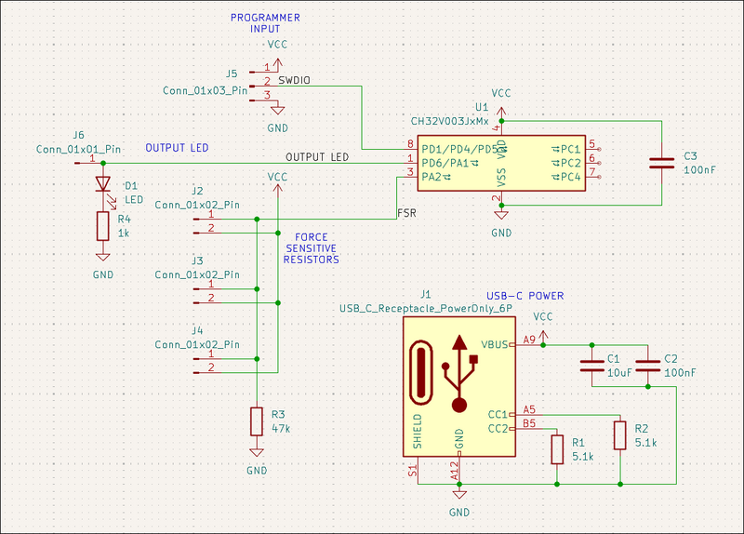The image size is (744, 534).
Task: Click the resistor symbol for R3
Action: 257,421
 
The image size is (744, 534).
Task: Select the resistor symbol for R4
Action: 102,226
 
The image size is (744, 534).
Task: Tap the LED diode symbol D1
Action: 102,185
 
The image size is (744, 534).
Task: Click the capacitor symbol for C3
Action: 661,163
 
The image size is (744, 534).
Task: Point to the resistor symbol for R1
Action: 557,449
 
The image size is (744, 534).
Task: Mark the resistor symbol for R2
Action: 620,434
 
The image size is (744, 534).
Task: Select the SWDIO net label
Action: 293,80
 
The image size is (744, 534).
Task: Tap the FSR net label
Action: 406,212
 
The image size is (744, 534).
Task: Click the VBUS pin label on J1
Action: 494,344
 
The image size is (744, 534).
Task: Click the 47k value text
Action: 281,430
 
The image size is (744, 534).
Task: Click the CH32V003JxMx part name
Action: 449,122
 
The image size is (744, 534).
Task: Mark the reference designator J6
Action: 78,135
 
